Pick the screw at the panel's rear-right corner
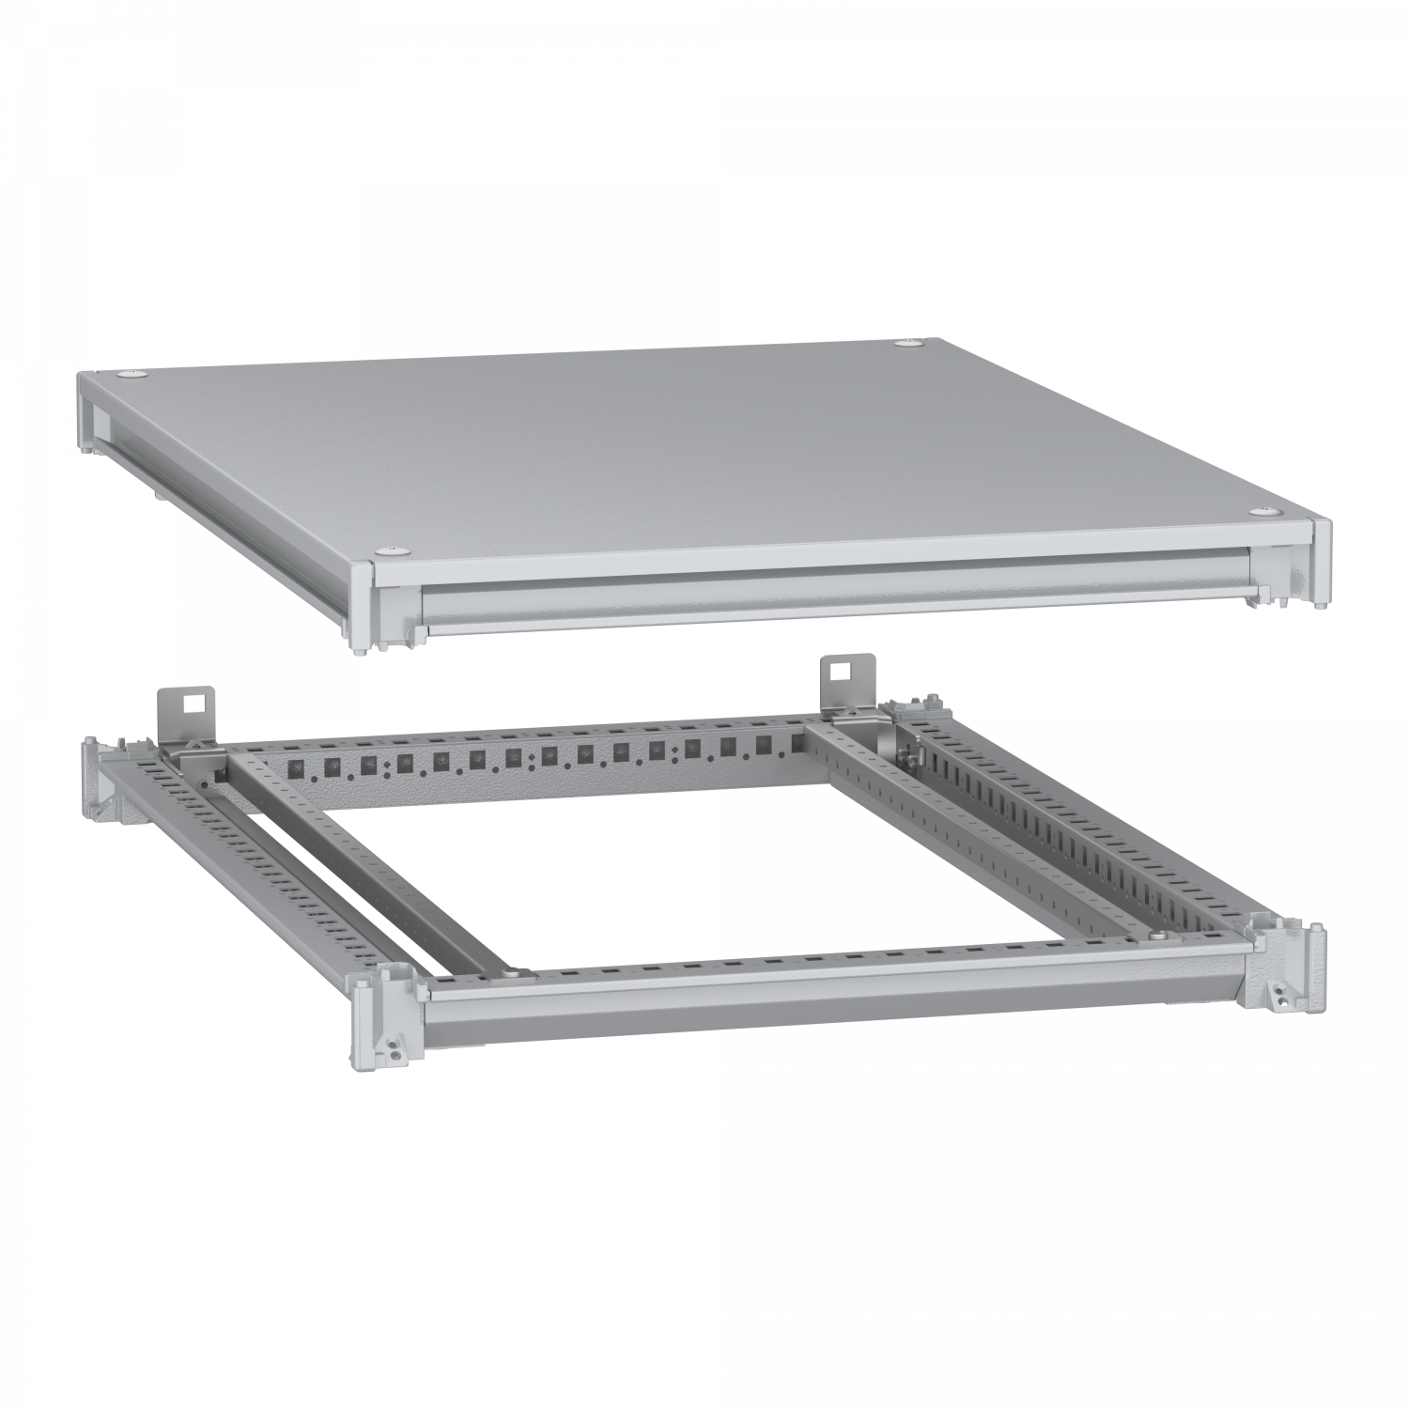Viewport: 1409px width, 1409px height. click(908, 346)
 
